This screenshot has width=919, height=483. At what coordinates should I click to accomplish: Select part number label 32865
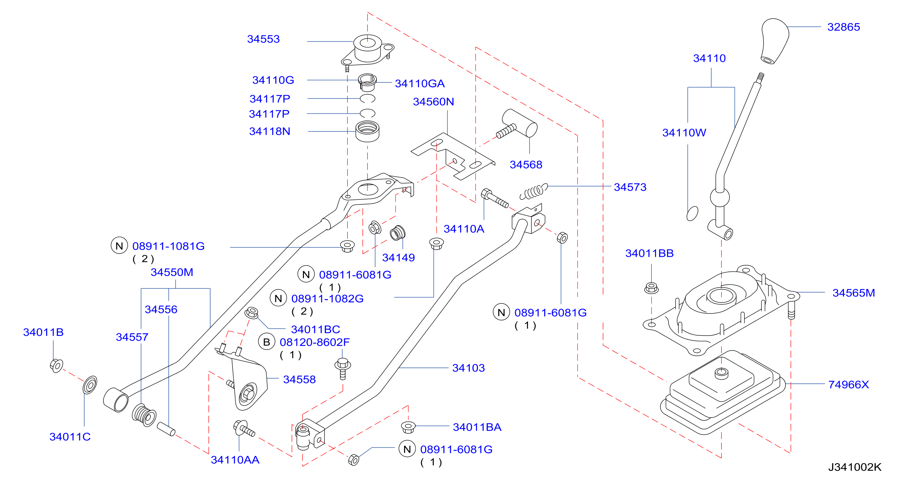coord(843,27)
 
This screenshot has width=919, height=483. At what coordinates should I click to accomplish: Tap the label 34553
coord(263,39)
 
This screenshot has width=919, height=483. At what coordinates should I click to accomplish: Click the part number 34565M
coord(853,293)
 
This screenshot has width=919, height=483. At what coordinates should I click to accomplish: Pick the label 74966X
coord(848,385)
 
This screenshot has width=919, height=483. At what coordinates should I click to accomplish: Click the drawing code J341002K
coord(854,467)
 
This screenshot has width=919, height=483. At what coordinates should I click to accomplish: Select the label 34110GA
coord(420,84)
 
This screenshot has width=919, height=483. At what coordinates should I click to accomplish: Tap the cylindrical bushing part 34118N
coord(367,131)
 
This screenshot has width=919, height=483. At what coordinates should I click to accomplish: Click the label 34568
coord(526,165)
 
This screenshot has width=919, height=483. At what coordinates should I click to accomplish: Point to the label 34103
coord(468,368)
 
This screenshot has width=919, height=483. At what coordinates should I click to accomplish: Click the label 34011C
coord(70,436)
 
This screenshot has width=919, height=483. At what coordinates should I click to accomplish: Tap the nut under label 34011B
coord(56,366)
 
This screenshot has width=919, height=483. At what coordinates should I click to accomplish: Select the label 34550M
coord(172,272)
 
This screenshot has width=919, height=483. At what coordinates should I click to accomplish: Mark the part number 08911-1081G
coord(168,246)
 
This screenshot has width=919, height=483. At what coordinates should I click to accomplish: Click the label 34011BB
coord(649,253)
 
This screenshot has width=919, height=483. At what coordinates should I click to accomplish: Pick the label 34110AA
coord(235,460)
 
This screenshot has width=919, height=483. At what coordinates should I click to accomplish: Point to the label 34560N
coord(433,102)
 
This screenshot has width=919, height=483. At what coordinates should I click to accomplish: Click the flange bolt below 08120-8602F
coord(343,369)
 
